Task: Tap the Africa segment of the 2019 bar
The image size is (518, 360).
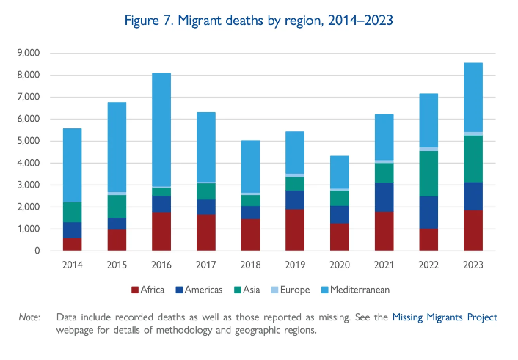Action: click(295, 230)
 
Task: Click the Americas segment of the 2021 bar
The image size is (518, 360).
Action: click(384, 197)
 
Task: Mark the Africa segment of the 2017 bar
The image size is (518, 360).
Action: click(206, 232)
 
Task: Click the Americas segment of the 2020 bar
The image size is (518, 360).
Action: click(339, 215)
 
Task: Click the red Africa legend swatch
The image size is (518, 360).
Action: click(134, 290)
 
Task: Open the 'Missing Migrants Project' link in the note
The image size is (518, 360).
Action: click(445, 317)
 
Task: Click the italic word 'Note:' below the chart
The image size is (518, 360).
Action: click(30, 317)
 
